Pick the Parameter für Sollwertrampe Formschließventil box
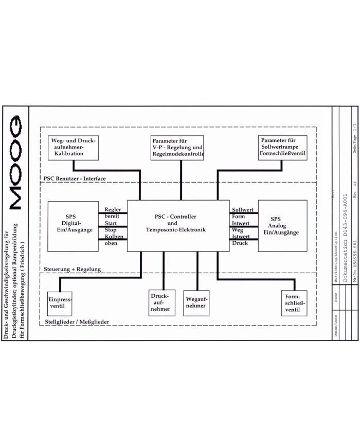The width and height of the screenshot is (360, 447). point(283,148)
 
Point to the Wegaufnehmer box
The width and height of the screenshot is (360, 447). point(196,302)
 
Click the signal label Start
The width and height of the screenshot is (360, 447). point(111,223)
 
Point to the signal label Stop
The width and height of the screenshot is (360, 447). point(111,229)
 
